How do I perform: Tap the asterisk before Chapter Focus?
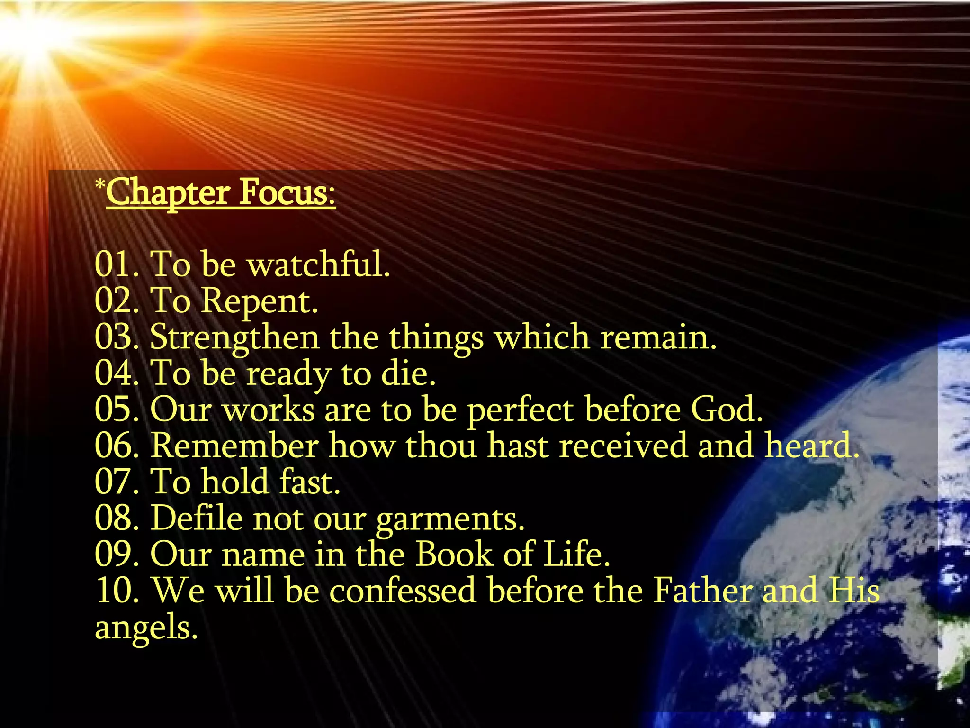coord(99,184)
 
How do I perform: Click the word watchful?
coord(318,264)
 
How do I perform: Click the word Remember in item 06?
coord(235,446)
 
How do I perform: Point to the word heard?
coord(811,446)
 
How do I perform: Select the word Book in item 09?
coord(454,554)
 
